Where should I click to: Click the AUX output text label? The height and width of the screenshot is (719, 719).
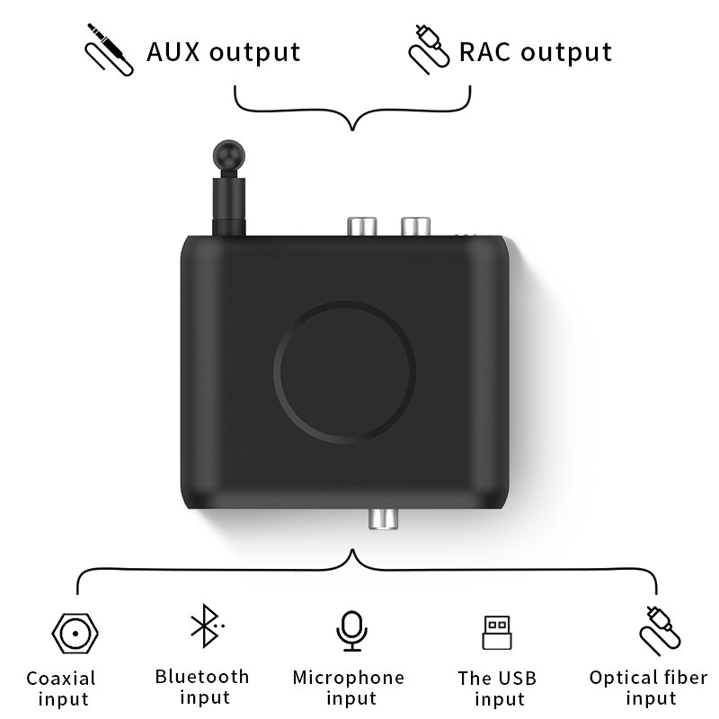[x=223, y=51]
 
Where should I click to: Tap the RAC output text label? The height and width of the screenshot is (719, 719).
[x=536, y=51]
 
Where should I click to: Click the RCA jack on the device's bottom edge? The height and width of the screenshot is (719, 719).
[x=381, y=519]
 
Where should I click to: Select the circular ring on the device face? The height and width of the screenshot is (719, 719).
[x=345, y=370]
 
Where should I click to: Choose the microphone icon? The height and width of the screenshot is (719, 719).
[x=351, y=630]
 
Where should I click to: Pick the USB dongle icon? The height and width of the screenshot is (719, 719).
[x=495, y=633]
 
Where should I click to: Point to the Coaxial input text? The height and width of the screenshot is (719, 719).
[x=61, y=688]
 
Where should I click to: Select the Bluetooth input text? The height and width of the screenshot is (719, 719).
[x=202, y=687]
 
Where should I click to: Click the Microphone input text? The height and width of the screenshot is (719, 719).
[x=349, y=688]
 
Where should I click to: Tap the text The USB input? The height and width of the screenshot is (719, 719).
[x=497, y=688]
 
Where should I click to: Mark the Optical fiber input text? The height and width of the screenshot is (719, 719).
[x=649, y=688]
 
